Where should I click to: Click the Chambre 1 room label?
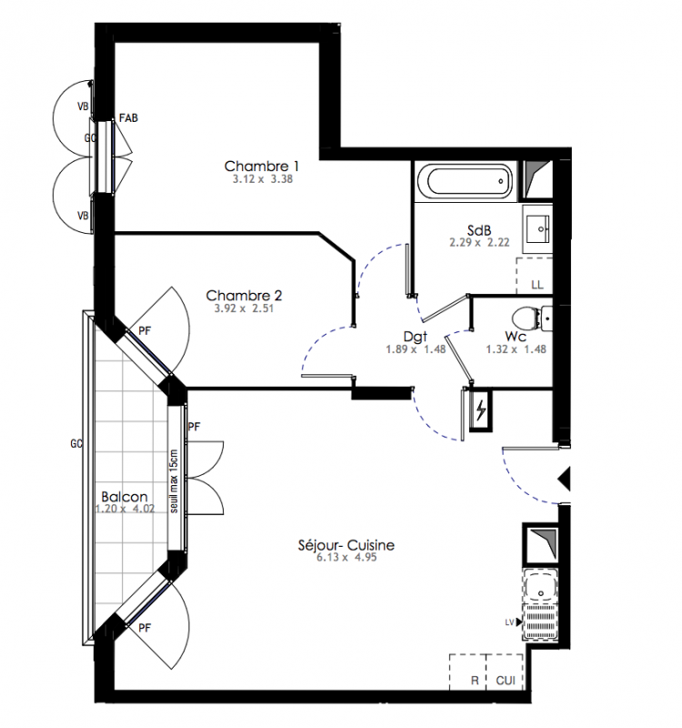tap(262, 166)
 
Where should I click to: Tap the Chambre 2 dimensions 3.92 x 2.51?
tap(244, 308)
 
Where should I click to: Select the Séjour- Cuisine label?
tap(346, 544)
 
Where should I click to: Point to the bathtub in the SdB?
tap(464, 181)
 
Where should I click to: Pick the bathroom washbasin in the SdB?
tap(538, 228)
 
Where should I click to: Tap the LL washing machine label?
tap(537, 285)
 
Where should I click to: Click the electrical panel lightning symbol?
tap(481, 410)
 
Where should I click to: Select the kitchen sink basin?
tap(540, 586)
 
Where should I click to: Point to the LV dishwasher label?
tap(509, 622)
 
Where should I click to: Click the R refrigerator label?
tap(475, 681)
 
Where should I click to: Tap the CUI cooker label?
tap(506, 681)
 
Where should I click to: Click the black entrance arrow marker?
tap(565, 480)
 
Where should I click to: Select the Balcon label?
tap(125, 497)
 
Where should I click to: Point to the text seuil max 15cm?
tap(174, 481)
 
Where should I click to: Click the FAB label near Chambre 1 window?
tap(128, 118)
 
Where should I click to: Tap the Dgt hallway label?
tap(416, 337)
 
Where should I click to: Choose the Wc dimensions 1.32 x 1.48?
tap(516, 349)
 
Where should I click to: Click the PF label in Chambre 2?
tap(145, 331)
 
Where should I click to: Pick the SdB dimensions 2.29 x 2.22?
tap(479, 242)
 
